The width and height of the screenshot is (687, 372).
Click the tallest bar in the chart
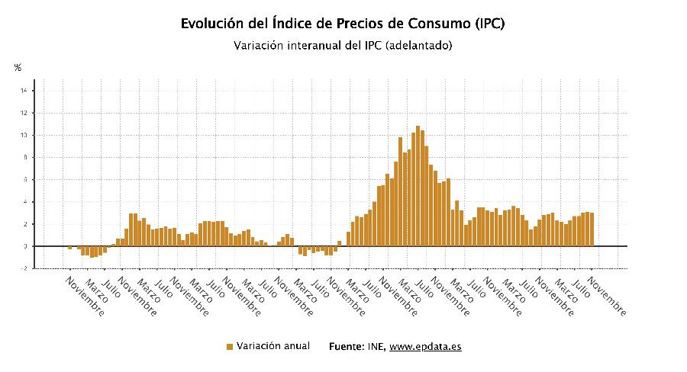(418, 186)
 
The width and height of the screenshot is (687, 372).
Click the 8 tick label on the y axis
(24, 158)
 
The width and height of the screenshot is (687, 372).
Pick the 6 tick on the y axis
(24, 180)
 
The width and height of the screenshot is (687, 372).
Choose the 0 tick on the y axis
(24, 246)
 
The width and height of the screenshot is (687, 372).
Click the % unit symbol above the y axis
(18, 68)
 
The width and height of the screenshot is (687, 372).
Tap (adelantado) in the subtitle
(419, 46)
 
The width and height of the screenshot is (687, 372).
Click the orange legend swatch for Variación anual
(229, 347)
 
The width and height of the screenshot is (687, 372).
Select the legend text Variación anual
(273, 346)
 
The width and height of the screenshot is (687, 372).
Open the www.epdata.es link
(425, 347)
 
